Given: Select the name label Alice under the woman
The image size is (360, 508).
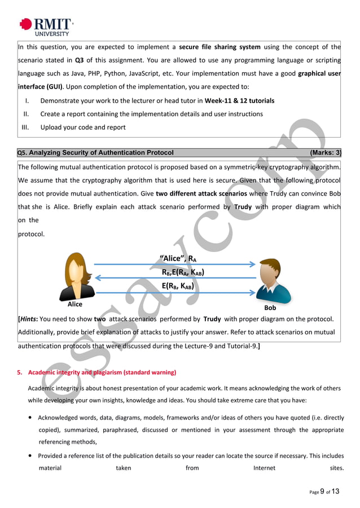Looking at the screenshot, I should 74,304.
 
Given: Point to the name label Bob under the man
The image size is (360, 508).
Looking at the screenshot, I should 270,308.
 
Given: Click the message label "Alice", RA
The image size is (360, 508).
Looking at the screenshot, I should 178,259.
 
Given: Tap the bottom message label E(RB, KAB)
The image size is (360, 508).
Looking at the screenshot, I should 178,286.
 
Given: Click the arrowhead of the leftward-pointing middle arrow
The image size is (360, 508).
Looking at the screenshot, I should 98,277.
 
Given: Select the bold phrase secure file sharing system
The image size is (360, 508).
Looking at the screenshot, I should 219,47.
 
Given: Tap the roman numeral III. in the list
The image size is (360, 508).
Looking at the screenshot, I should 25,127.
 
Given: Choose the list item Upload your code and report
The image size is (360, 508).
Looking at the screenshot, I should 83,127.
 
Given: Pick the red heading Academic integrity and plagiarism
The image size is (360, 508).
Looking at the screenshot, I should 102,373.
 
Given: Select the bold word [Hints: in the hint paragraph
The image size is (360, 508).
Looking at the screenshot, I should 29,319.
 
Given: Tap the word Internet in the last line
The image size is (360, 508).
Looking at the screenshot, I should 264,468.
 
